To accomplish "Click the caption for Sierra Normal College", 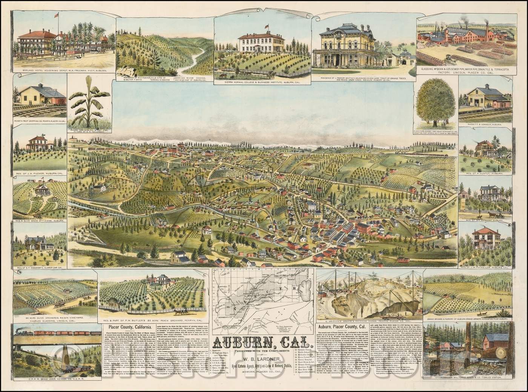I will coord(262,80).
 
